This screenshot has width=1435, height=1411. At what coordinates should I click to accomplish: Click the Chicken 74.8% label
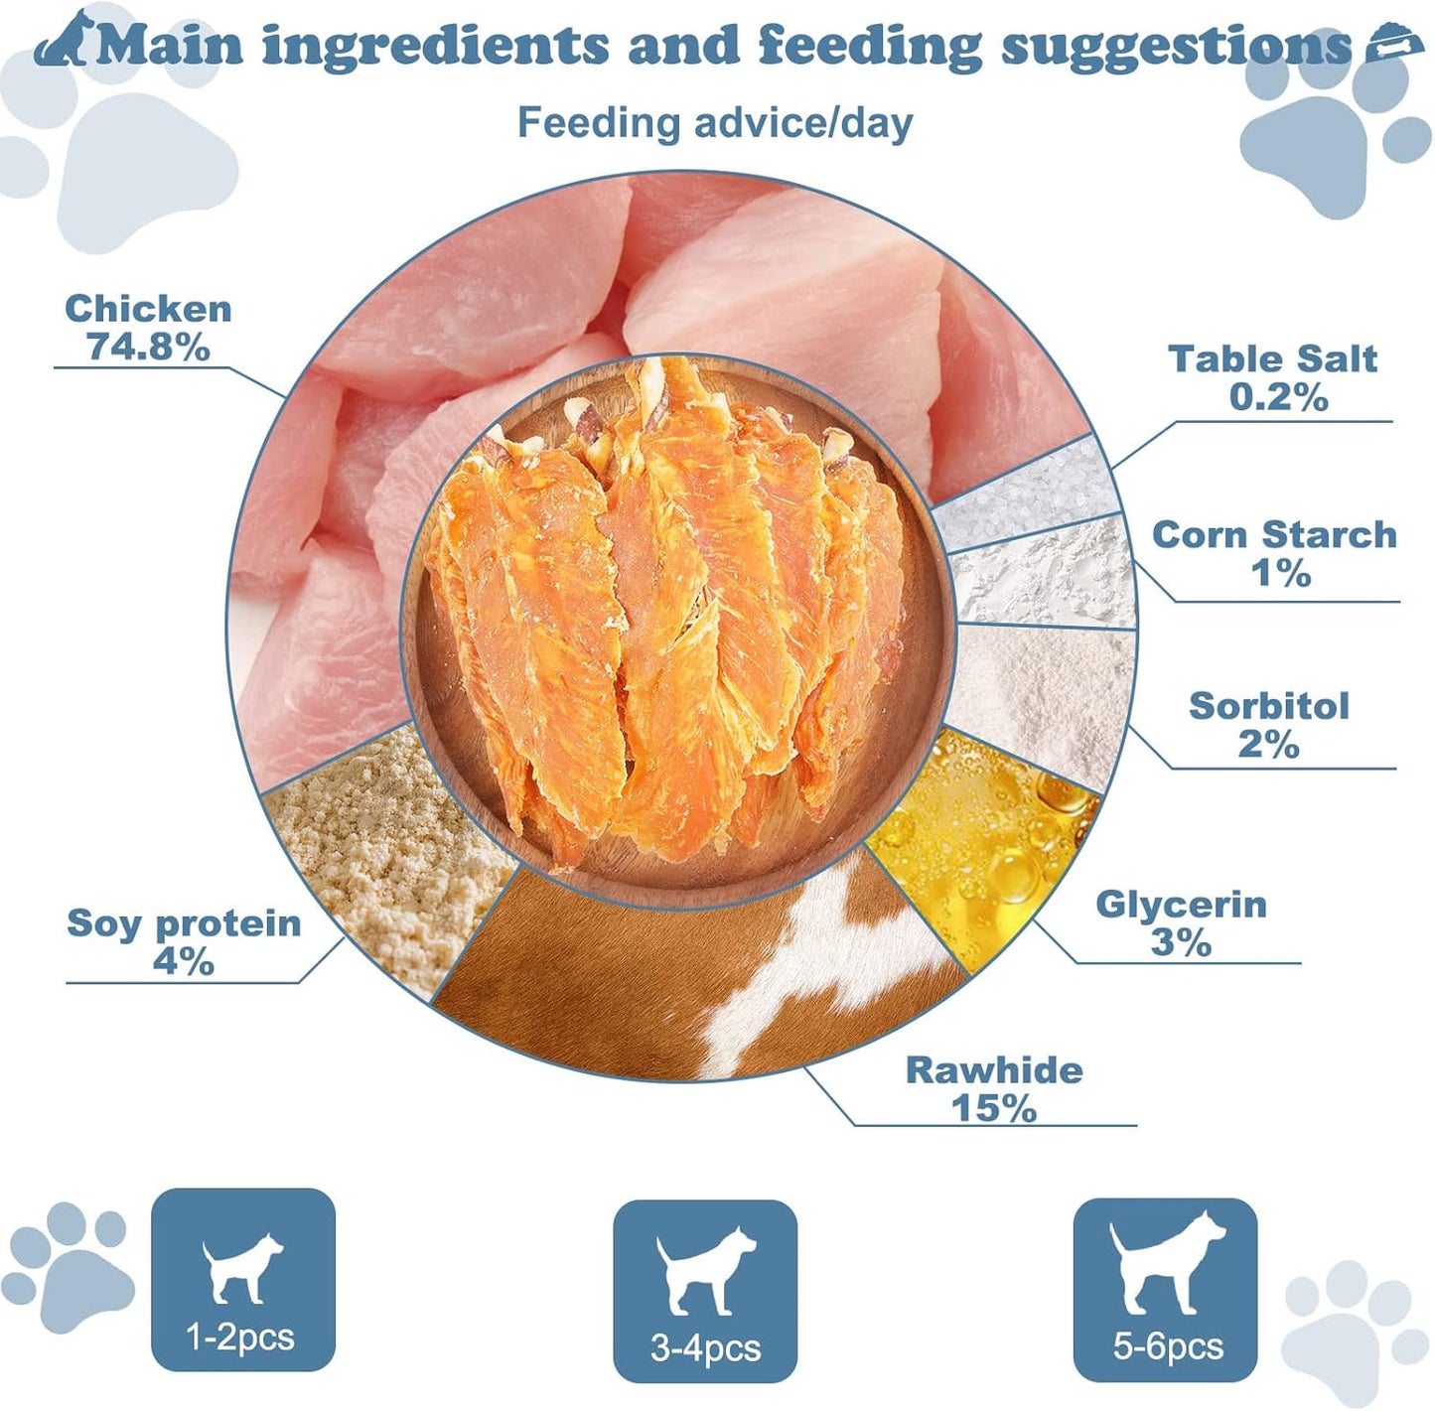148,328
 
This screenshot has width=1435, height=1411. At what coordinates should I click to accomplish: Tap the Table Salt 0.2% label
1273,377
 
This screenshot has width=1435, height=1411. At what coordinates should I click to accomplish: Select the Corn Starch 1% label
1274,553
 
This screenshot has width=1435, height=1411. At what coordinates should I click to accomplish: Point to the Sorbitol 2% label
1269,725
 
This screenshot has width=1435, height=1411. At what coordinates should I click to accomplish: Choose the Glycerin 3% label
1181,922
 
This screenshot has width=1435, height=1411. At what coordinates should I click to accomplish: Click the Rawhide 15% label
994,1088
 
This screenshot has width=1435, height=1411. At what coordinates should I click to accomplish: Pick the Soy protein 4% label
184,941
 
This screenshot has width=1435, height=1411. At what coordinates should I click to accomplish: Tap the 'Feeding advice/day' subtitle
715,123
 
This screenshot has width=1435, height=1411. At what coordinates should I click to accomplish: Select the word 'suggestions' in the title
1176,46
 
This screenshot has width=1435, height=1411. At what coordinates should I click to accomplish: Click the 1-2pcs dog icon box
243,1279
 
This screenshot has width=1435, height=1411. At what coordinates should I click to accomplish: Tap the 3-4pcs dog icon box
705,1290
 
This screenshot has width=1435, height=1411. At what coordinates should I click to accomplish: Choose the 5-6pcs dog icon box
1165,1289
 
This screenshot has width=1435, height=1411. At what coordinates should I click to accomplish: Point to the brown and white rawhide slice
695,983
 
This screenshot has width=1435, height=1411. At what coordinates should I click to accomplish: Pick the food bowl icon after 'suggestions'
1394,45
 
